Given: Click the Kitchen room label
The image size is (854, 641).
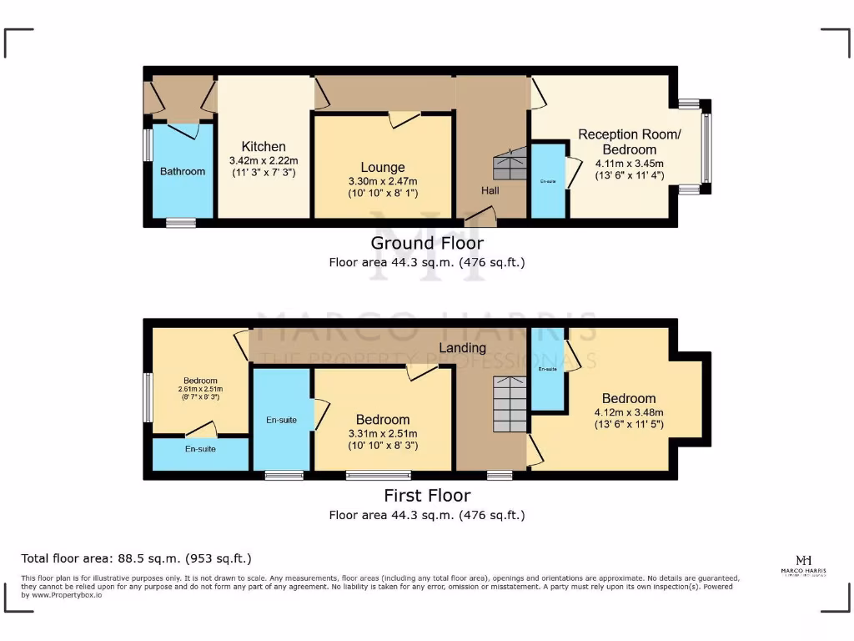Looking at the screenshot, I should (x=264, y=146).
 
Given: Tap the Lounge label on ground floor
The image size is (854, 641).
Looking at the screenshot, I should (x=383, y=167).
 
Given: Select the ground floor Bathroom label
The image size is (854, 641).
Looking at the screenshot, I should (x=183, y=171).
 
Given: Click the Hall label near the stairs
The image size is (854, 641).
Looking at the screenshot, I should (x=490, y=190).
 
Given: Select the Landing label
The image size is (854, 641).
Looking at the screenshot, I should (x=463, y=347).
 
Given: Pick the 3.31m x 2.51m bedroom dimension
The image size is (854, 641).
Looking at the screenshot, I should (x=383, y=433).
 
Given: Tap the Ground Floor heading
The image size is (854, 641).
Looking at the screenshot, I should (x=427, y=243).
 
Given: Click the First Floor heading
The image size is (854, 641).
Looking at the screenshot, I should (x=427, y=495).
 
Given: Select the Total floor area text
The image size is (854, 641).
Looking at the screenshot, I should (x=136, y=558).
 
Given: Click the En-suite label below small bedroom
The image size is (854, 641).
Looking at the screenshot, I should (x=200, y=449).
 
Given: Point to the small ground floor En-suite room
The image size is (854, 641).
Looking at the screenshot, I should (x=547, y=180).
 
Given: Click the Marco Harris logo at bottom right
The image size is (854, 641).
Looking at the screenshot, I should (x=804, y=565).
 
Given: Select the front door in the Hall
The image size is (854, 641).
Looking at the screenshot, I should (x=480, y=219).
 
